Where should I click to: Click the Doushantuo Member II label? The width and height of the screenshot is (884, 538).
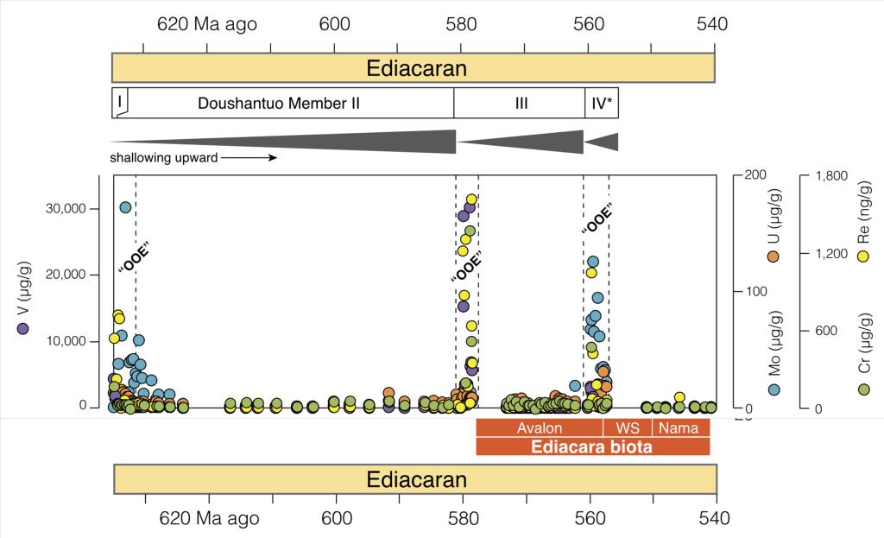pyautogui.click(x=278, y=104)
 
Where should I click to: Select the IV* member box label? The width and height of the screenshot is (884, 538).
pyautogui.click(x=602, y=104)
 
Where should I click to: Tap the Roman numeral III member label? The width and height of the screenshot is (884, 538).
pyautogui.click(x=521, y=104)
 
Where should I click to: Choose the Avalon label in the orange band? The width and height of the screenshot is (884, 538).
pyautogui.click(x=540, y=428)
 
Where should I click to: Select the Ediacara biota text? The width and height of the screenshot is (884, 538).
pyautogui.click(x=592, y=446)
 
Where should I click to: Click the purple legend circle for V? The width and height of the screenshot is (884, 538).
pyautogui.click(x=23, y=328)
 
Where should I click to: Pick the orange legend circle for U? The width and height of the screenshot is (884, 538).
pyautogui.click(x=773, y=256)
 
